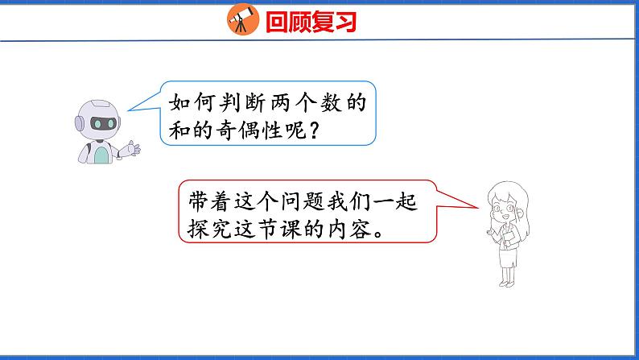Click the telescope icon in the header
coord(241,20)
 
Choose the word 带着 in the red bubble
coord(205,199)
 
